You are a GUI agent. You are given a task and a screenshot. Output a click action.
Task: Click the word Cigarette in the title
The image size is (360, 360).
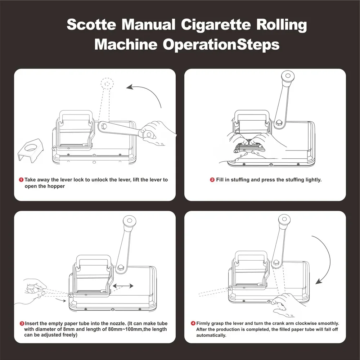[213, 26]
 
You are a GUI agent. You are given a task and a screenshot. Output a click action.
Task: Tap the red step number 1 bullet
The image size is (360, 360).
[21, 179]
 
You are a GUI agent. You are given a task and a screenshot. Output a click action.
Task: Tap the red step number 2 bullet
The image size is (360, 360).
[212, 180]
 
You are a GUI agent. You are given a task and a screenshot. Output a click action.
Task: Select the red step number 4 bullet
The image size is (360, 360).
[193, 324]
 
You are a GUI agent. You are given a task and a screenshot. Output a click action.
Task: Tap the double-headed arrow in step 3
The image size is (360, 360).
[123, 286]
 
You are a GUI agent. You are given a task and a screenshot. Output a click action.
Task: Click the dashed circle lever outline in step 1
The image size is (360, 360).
[107, 84]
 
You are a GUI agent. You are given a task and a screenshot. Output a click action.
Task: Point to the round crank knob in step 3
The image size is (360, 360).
[129, 221]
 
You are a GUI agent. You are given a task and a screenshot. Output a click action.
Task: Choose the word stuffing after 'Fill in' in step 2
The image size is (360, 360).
[244, 180]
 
